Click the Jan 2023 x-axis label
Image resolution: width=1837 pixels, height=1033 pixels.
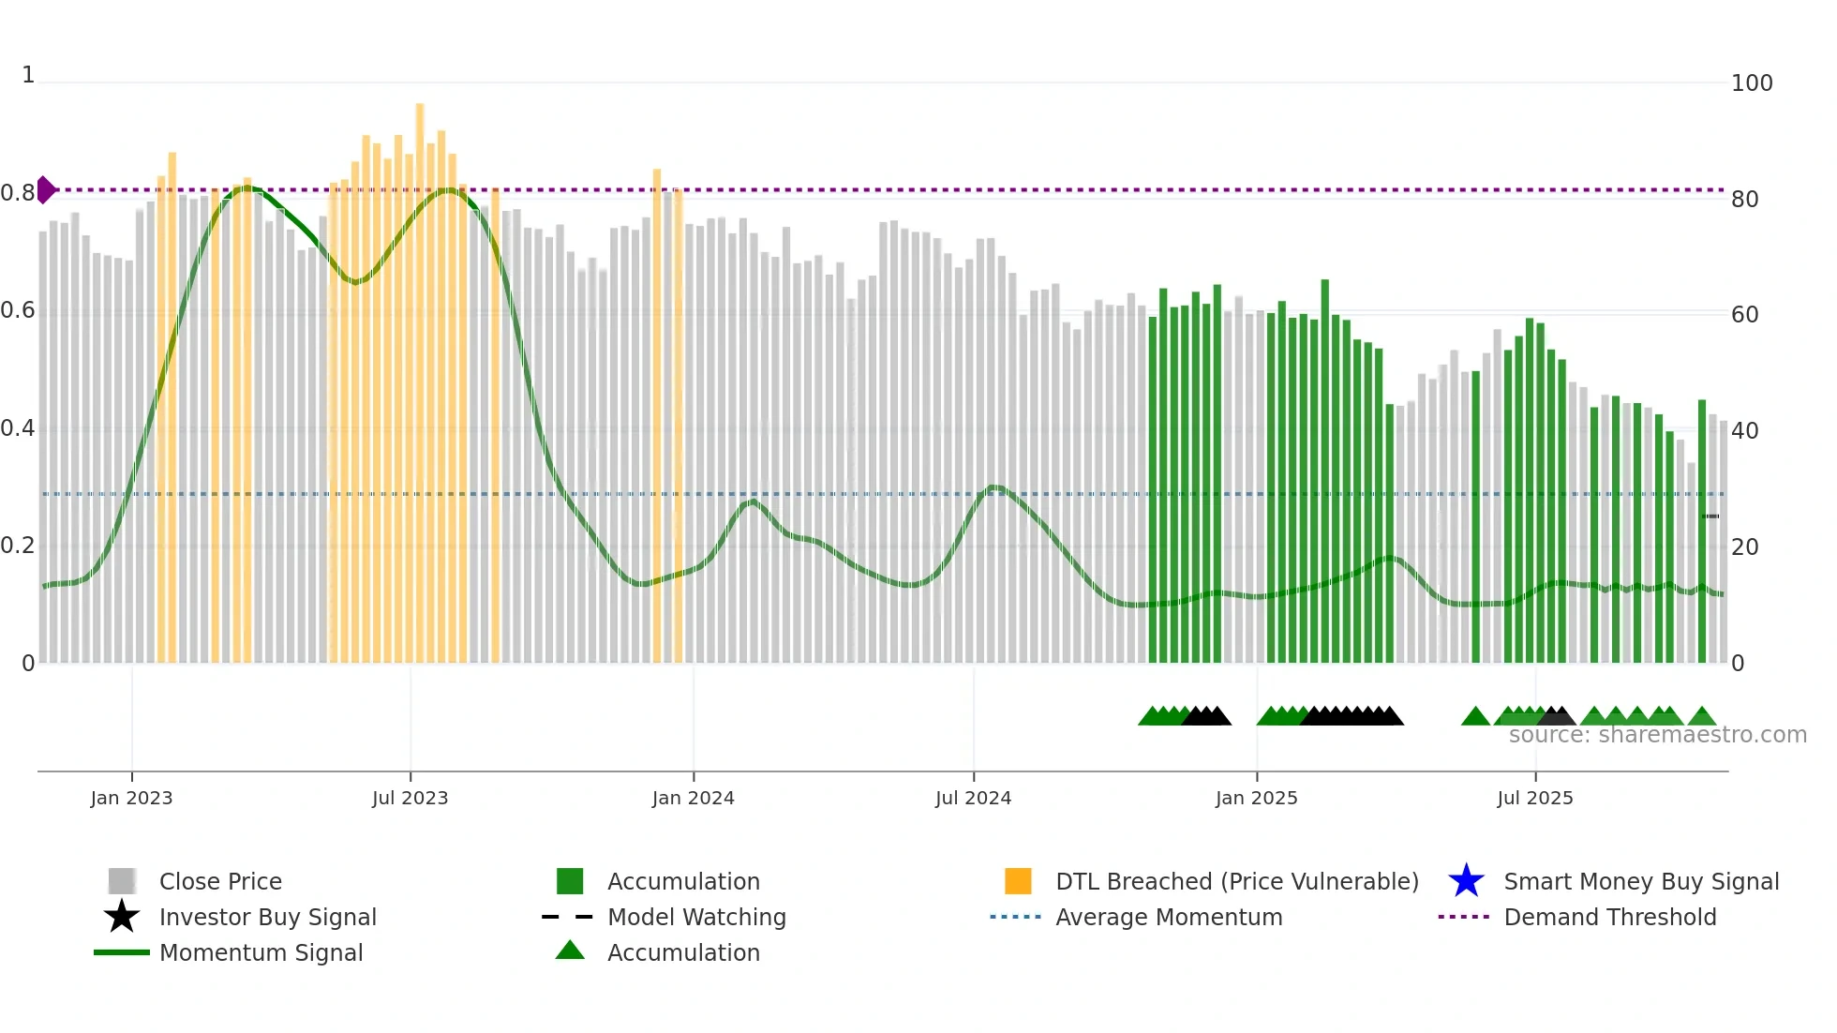[131, 798]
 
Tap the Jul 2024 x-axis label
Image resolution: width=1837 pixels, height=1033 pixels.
[973, 798]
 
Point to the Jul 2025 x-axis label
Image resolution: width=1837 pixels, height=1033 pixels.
[1534, 798]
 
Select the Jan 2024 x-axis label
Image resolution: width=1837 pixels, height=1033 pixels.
[693, 798]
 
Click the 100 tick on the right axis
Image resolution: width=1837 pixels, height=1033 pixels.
[1751, 83]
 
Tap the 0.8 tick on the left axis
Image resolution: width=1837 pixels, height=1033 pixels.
[18, 193]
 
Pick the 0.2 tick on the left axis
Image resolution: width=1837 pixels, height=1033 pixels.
[18, 546]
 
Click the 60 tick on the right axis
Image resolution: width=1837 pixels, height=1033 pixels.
[1744, 315]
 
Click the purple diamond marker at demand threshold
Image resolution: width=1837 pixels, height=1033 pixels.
[45, 189]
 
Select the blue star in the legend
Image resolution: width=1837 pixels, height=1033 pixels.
[1466, 881]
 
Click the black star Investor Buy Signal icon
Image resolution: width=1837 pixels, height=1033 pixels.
[122, 917]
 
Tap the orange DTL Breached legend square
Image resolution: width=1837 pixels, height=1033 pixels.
[1018, 881]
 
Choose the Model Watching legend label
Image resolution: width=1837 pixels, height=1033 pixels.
[696, 917]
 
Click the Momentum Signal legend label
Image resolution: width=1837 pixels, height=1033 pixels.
[261, 952]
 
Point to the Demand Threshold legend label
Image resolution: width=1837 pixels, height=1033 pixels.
[1609, 917]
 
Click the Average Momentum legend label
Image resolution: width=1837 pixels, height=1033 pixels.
[1169, 917]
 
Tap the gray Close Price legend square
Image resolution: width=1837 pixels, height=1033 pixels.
[122, 881]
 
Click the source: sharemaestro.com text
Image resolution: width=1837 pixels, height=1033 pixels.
[1657, 735]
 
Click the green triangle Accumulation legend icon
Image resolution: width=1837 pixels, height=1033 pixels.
[570, 951]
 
